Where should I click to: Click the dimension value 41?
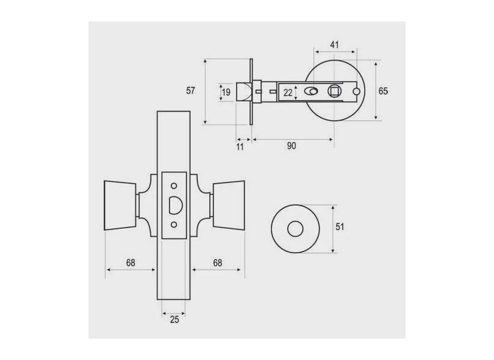334,45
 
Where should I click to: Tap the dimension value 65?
383,91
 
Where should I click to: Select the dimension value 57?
191,91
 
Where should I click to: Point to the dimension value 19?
226,92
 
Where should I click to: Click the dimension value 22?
288,93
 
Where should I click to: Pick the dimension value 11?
240,147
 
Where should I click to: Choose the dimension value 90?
292,146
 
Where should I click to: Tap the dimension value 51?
340,227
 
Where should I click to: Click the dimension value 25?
174,320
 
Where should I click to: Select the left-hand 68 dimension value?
131,262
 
